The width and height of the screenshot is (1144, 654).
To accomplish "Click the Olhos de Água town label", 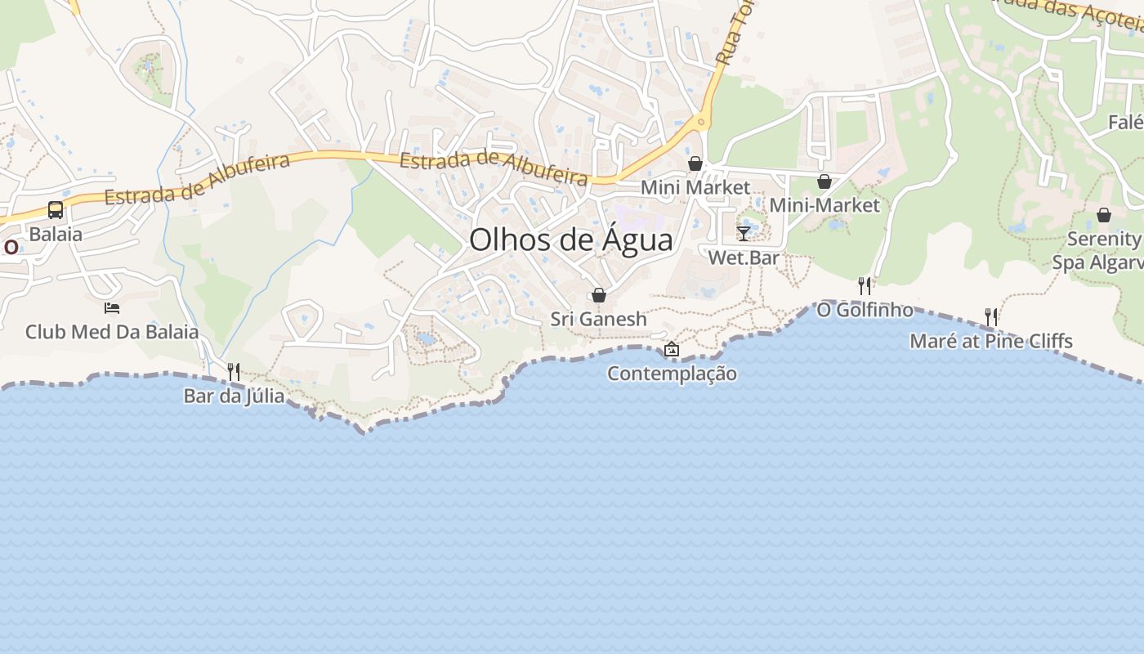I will tap(571, 240).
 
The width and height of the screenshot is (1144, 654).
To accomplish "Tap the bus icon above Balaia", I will tap(56, 210).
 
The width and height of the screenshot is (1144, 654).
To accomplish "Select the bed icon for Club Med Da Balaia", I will tap(112, 308).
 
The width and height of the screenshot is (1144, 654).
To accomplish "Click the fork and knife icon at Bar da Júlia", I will tap(234, 372).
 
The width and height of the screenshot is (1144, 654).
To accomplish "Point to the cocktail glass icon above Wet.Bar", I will tap(743, 234).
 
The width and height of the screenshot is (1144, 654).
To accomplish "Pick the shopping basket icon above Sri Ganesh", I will tap(599, 295).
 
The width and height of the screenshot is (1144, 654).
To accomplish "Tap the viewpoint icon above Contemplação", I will tap(671, 349).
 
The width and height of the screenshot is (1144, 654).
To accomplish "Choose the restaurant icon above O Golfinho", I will tap(865, 285).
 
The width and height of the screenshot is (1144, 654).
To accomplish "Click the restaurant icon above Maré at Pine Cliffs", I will tap(991, 316).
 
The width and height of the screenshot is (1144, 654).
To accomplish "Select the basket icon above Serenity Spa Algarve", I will tap(1104, 215).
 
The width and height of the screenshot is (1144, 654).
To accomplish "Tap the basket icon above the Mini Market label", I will tap(695, 163).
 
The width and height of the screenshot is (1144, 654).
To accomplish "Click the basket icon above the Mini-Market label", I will tap(824, 181).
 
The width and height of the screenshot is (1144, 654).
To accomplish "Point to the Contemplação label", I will tap(672, 374).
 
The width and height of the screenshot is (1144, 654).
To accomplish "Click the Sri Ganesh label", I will tap(598, 319).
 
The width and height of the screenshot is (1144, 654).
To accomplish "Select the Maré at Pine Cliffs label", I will tap(991, 341).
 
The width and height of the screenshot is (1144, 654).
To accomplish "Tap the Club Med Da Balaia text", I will tap(112, 332).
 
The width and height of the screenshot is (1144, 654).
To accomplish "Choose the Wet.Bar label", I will tap(744, 258).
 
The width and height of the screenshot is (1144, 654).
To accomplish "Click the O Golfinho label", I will tap(865, 310).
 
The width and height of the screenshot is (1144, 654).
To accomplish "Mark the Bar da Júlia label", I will tap(234, 396).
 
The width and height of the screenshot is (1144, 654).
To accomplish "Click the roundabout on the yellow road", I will tap(700, 123).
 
